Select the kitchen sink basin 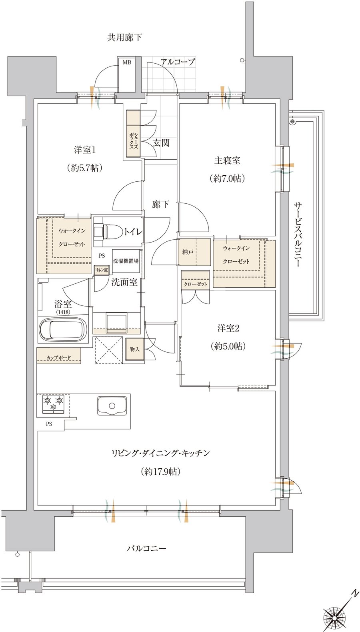[x=112, y=406]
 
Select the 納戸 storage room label [x=188, y=252]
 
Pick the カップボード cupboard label [x=59, y=358]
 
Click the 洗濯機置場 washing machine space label [x=126, y=261]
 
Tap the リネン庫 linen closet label [x=101, y=270]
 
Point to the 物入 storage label [x=135, y=349]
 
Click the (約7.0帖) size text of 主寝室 [x=227, y=179]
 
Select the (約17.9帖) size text [x=160, y=471]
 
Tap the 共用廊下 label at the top [x=124, y=37]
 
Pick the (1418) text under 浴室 [x=63, y=312]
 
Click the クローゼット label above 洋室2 [x=195, y=284]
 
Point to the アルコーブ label [x=178, y=62]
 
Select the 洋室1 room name [x=85, y=150]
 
